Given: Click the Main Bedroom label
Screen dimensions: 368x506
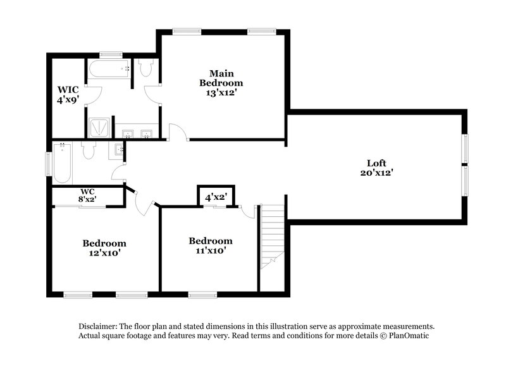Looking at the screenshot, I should click(x=221, y=83).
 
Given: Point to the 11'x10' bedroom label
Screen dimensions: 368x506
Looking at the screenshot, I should click(x=211, y=245).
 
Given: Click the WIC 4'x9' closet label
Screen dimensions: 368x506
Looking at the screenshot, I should click(x=68, y=94).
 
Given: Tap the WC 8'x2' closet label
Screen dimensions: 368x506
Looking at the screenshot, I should click(x=87, y=195).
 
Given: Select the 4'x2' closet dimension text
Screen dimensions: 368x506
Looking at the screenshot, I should click(x=216, y=197).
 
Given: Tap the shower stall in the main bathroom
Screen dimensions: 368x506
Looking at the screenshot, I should click(x=99, y=128).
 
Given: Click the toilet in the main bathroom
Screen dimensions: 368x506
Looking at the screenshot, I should click(x=145, y=68).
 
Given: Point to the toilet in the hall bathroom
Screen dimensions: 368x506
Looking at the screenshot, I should click(x=88, y=150).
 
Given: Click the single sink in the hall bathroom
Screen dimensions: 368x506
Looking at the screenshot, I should click(x=118, y=150).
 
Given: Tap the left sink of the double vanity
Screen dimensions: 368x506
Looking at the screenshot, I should click(x=128, y=133).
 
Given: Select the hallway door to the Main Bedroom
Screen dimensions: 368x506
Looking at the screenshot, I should click(x=177, y=132).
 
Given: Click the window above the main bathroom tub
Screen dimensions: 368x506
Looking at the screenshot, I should click(x=111, y=54).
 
